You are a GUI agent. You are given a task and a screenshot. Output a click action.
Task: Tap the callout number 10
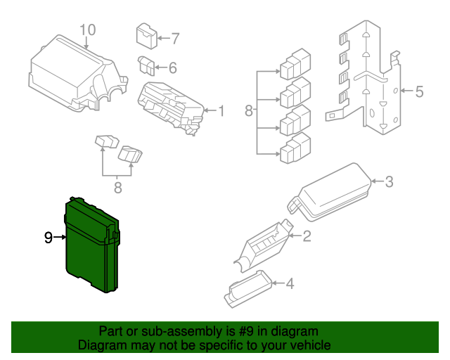point(86,30)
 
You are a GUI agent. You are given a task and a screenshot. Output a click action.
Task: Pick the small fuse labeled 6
point(147,65)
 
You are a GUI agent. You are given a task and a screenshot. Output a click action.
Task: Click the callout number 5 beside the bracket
point(419,91)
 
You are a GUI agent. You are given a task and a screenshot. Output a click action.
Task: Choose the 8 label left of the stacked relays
point(248,111)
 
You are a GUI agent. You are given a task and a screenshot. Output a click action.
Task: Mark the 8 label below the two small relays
point(117,188)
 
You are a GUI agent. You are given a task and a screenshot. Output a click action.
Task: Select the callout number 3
point(389,182)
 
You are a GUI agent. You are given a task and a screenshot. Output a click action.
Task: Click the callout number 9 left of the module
point(48,238)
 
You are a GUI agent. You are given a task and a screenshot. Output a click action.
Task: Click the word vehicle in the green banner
point(308,346)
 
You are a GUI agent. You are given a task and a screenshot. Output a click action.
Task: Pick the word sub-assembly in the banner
point(174,331)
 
